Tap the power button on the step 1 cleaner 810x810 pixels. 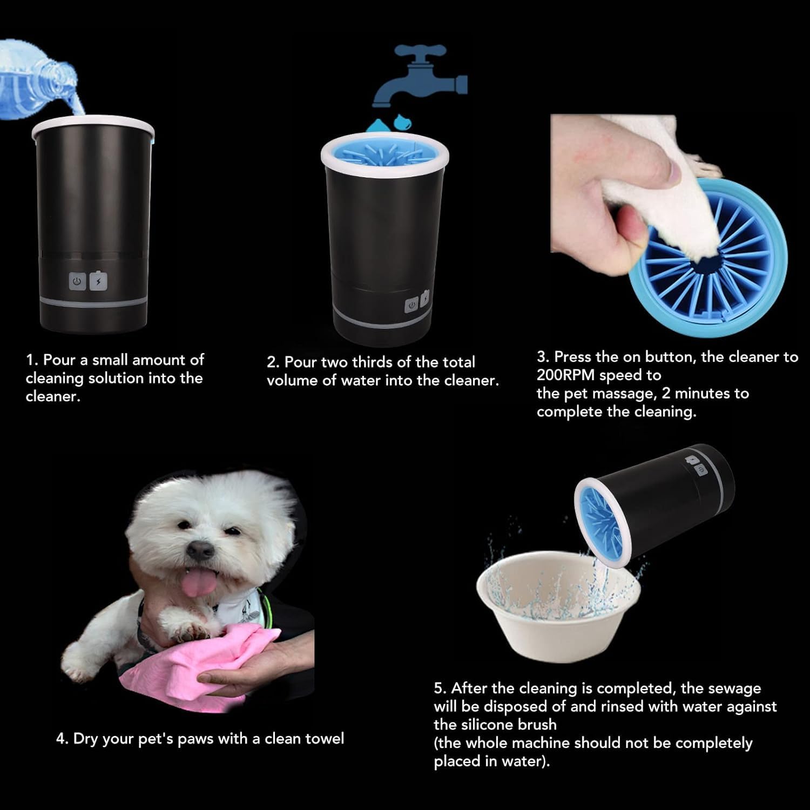coord(78,281)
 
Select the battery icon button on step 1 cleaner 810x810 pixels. coord(98,281)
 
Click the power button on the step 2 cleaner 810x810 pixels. coord(411,305)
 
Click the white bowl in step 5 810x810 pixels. coord(556,621)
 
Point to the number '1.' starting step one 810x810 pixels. coord(32,360)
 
